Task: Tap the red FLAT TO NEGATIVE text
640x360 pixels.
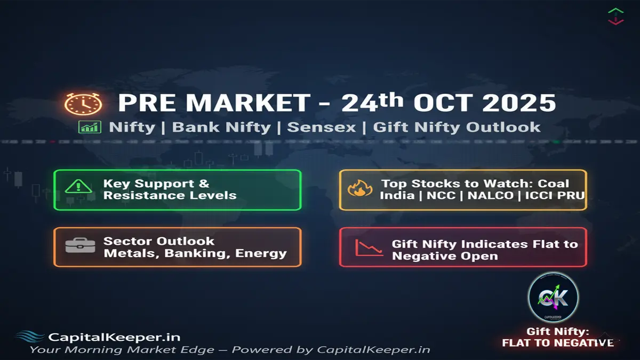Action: click(x=557, y=342)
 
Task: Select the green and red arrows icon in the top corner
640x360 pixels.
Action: click(x=615, y=15)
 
